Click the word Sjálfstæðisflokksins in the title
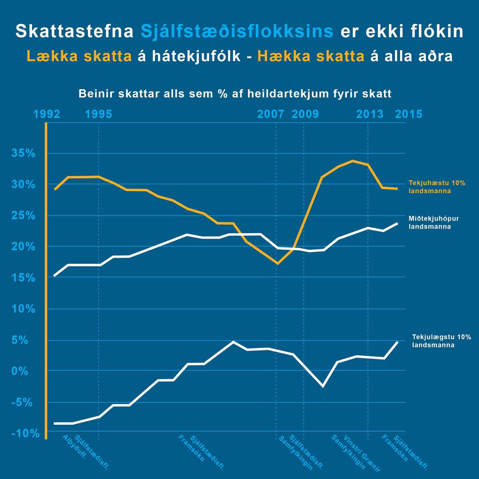237,32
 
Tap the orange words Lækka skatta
79,56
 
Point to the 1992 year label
47,114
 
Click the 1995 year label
99,114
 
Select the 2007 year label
271,114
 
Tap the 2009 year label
305,114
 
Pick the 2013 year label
370,114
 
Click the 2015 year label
408,114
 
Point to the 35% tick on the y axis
24,153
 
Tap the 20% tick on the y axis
24,247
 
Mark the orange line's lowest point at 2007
277,263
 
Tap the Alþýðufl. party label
74,447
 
